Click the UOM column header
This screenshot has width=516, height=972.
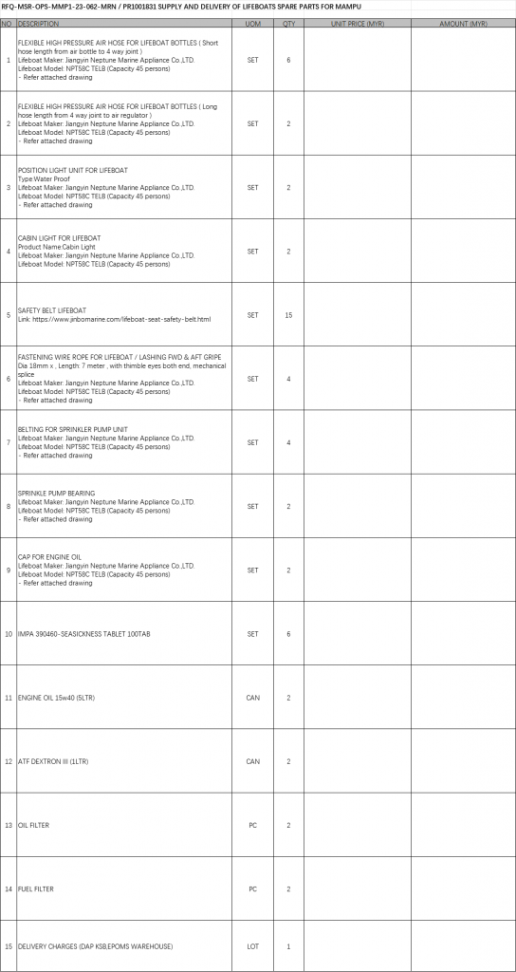[252, 22]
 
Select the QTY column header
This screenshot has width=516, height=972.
[288, 22]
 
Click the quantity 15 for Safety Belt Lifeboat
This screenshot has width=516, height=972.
[288, 314]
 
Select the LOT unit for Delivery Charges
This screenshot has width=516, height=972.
[252, 946]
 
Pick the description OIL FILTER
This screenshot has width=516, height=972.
[33, 826]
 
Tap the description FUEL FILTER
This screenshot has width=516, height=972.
[36, 889]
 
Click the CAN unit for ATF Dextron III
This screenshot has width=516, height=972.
[252, 761]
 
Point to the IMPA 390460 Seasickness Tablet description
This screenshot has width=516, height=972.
[83, 633]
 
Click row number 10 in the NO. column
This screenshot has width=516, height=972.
[9, 633]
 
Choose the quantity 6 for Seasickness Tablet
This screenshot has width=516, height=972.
[288, 633]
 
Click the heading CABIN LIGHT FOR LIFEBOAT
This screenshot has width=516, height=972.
[59, 236]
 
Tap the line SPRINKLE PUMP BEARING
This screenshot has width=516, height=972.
[56, 494]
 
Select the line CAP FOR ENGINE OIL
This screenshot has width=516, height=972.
[49, 557]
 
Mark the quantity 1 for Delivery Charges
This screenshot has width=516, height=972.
[288, 946]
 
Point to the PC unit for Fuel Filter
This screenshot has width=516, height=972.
[252, 889]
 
